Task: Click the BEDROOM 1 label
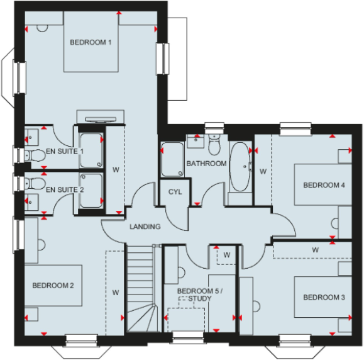click(91, 42)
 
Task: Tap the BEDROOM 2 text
click(53, 285)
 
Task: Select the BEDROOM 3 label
click(324, 297)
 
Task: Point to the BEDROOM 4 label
click(324, 185)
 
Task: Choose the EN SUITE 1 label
click(65, 152)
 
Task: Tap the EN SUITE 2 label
click(65, 188)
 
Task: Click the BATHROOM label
click(206, 164)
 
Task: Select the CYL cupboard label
click(175, 191)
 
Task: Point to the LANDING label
click(145, 227)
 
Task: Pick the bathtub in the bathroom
click(240, 167)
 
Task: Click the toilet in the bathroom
click(214, 146)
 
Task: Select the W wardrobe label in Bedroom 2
click(116, 292)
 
